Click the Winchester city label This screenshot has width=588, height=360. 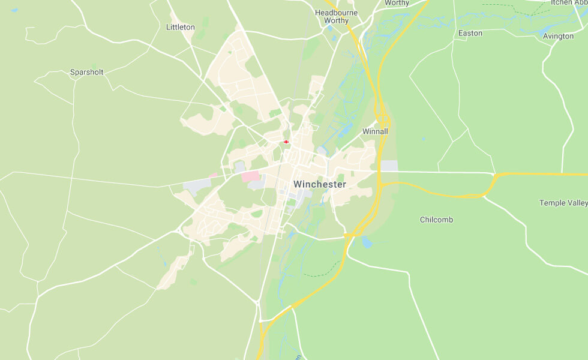tap(320, 185)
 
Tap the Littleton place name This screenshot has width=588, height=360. tap(181, 27)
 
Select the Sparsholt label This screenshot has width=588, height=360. tap(86, 72)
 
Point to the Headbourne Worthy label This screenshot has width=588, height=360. tap(336, 16)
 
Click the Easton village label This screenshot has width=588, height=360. tap(470, 33)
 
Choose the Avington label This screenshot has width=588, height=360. tap(558, 36)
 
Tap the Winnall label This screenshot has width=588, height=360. tap(375, 131)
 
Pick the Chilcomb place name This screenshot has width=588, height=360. tap(436, 220)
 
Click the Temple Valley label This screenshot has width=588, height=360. tap(563, 203)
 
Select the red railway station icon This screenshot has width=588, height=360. tap(286, 142)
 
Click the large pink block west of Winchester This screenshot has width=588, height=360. tap(251, 176)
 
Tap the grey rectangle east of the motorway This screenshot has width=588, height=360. tap(389, 166)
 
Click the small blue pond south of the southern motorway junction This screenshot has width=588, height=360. tap(367, 242)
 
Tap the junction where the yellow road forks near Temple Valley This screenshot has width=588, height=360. tap(495, 176)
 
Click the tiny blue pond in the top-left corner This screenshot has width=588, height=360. tap(14, 10)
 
